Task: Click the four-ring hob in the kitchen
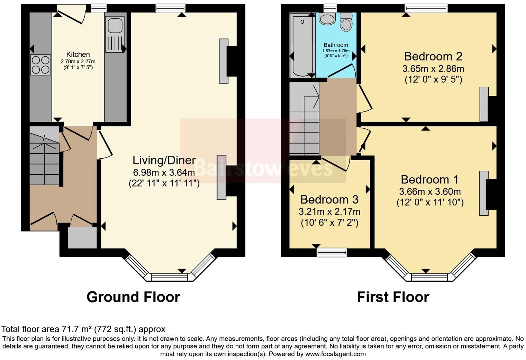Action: [x=40, y=65]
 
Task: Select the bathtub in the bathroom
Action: [x=302, y=45]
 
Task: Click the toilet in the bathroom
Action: [x=346, y=22]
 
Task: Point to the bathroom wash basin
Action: [x=326, y=19]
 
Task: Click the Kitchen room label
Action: [x=78, y=54]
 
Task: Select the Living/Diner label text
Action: [x=164, y=160]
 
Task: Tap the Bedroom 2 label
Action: [x=433, y=56]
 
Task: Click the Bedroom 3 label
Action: [x=329, y=199]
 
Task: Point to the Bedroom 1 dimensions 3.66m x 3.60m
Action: [x=430, y=191]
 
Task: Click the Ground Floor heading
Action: [x=133, y=297]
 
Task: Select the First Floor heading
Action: [x=393, y=297]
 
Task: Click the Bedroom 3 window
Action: [x=332, y=252]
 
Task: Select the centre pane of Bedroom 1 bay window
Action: [x=429, y=277]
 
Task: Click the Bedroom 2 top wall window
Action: [x=426, y=8]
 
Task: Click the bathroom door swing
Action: [x=343, y=71]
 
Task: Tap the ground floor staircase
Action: [x=44, y=157]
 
